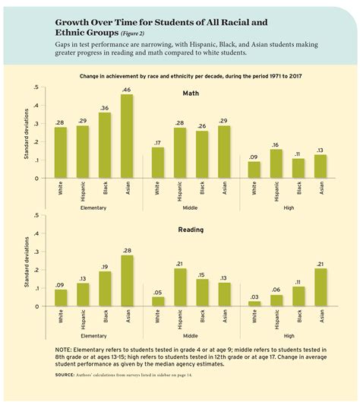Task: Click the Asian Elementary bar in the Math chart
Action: [x=126, y=137]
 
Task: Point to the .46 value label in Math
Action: [x=126, y=90]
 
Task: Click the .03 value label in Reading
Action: [x=254, y=296]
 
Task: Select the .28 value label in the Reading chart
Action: [x=126, y=250]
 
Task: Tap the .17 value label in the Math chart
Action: [x=158, y=142]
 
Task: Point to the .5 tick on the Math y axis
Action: [x=38, y=88]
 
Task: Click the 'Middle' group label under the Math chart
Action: [x=191, y=207]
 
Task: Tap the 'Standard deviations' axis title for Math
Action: [x=27, y=134]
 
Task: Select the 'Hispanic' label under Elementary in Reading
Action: [x=83, y=318]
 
